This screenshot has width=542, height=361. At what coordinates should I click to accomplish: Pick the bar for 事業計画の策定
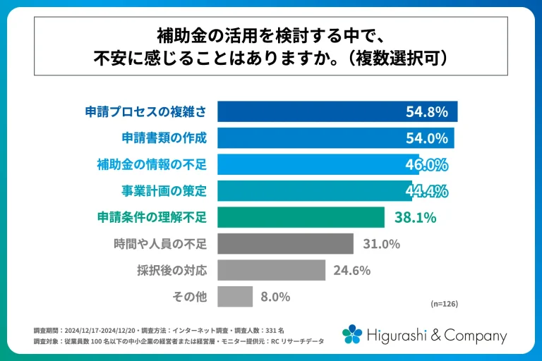click(x=311, y=191)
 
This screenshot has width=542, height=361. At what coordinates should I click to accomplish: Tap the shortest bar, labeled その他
click(x=235, y=297)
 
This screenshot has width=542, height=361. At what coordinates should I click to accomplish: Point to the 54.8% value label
click(x=427, y=111)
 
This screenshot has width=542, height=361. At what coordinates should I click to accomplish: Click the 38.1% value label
click(x=415, y=217)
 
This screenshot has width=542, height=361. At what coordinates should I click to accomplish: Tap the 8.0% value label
click(x=275, y=297)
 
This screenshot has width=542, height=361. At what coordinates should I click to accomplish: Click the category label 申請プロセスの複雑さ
click(x=145, y=111)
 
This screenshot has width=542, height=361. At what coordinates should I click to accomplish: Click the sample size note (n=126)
click(x=445, y=304)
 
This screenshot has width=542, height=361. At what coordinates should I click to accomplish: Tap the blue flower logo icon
click(x=353, y=334)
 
